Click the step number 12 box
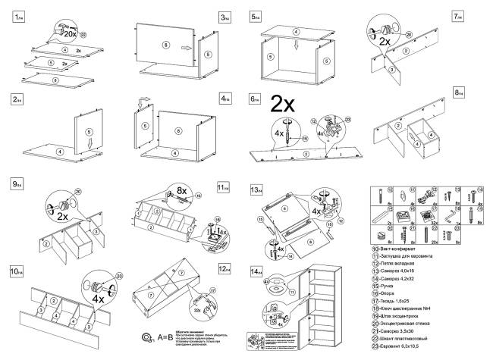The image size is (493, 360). coord(224,268)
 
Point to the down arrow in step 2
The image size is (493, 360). coord(89,141)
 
